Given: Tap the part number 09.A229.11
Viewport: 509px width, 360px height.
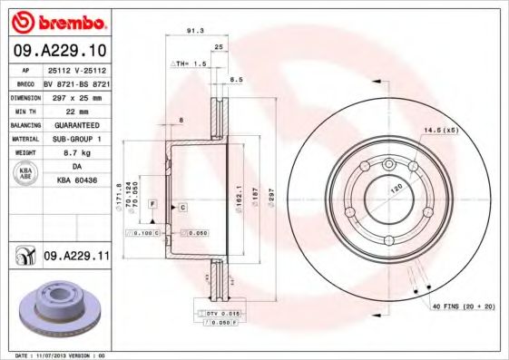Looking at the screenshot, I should click(x=76, y=258).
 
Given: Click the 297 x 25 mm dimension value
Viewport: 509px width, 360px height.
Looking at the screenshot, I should click(x=76, y=96).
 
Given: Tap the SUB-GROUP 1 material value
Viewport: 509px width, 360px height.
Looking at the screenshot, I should click(x=76, y=140).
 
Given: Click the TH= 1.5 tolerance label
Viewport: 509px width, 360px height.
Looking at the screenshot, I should click(x=190, y=64).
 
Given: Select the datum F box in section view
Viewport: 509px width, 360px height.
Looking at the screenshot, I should click(x=153, y=202).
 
